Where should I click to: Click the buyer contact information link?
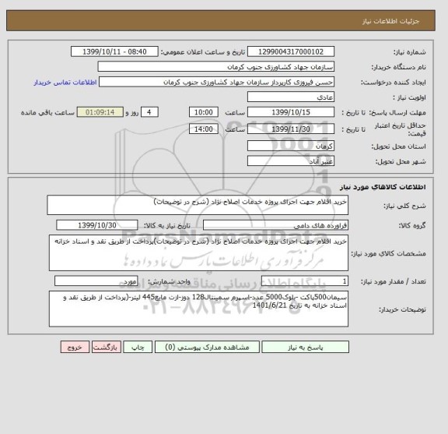(64, 82)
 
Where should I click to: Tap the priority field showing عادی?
(295, 97)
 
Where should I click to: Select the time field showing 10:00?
(204, 112)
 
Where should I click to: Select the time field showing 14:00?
(204, 129)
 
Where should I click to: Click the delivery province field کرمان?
(295, 146)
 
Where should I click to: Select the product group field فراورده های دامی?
(274, 225)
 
